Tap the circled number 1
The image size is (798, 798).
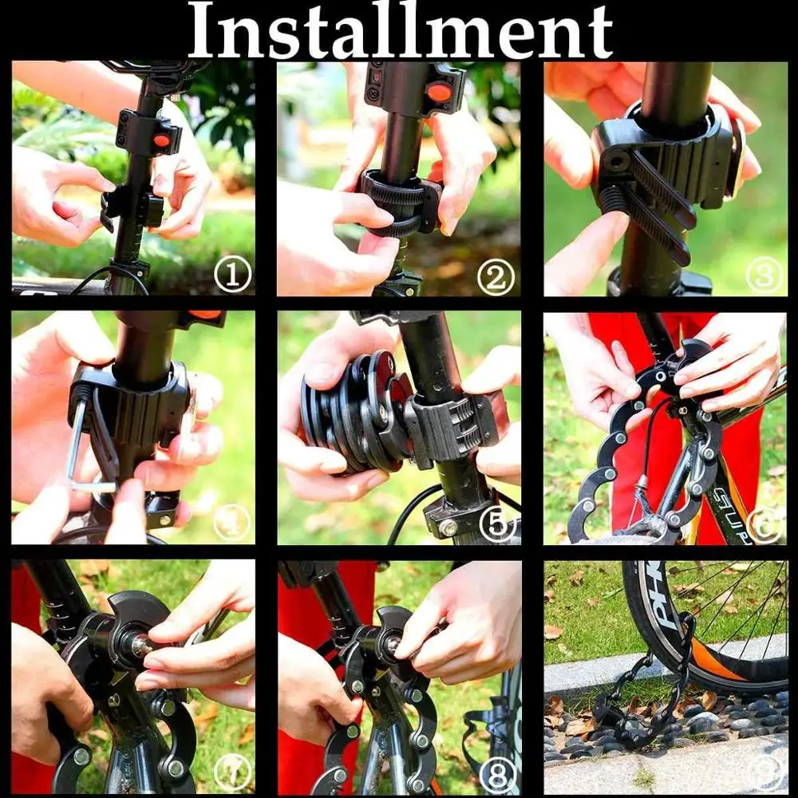pos(232,276)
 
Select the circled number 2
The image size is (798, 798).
pos(496,278)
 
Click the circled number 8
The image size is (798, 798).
pos(497,773)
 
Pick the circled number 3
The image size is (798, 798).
pos(764,275)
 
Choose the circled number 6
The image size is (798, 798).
pos(764,524)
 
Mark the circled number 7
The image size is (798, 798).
pos(231,773)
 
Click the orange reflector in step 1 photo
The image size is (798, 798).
pos(162,140)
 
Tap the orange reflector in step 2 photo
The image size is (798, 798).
pos(438,92)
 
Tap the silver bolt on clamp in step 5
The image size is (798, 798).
pos(448,527)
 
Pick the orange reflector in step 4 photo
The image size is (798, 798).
pos(205,314)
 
